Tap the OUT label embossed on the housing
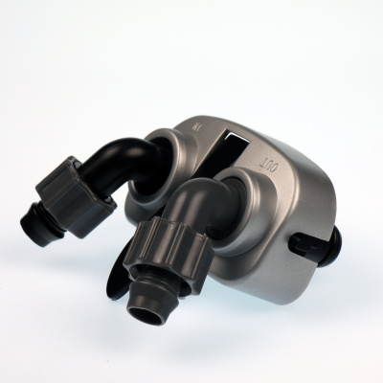(x=267, y=166)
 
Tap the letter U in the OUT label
(x=267, y=166)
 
